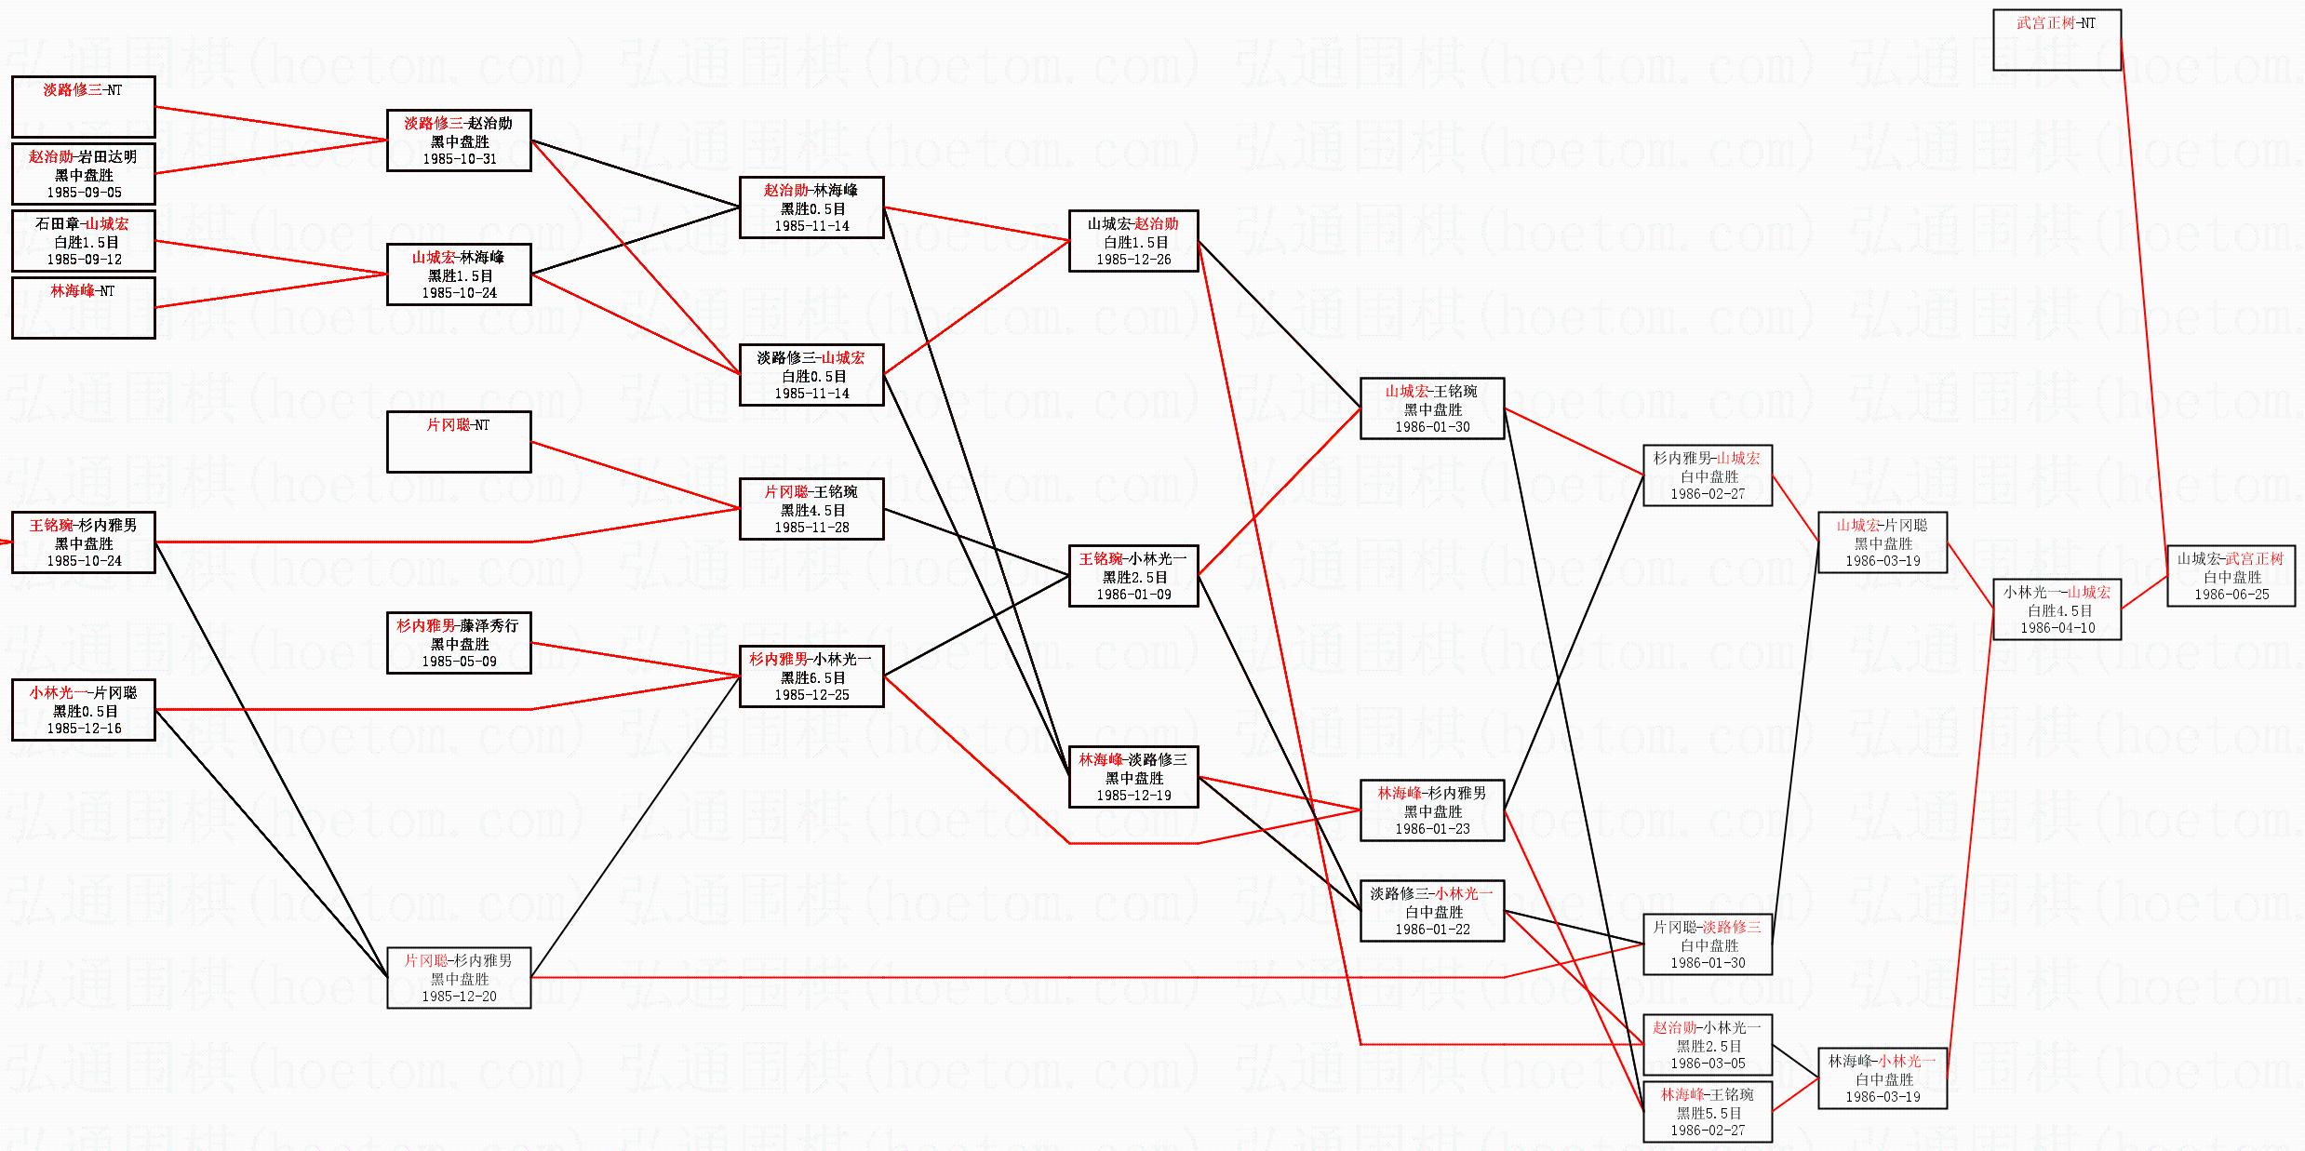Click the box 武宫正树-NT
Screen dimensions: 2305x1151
pos(2057,40)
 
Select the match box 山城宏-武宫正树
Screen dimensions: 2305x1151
pos(2231,576)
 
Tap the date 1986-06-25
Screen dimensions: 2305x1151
pos(2231,595)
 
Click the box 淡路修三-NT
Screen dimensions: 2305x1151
pos(83,107)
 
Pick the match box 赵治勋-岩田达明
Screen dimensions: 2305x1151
pos(83,174)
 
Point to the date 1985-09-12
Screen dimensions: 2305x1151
pos(84,260)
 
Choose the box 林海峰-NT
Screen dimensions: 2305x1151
pos(83,308)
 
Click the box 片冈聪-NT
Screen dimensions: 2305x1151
pos(459,442)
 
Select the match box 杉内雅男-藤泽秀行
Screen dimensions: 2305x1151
pos(459,643)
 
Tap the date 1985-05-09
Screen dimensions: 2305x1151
pos(459,662)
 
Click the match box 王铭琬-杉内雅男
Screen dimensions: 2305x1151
pos(83,542)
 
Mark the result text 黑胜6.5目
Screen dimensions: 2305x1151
pos(812,678)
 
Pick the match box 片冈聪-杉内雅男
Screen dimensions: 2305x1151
pos(459,978)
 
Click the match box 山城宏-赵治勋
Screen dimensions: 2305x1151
pos(1133,241)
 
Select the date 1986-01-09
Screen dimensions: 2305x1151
pos(1133,595)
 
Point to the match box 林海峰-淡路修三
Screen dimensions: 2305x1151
pos(1133,777)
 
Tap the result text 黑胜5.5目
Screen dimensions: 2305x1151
pos(1708,1113)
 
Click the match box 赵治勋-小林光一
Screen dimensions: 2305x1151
pos(1708,1045)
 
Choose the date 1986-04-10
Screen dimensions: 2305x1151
pos(2057,628)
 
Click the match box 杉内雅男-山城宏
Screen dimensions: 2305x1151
pos(1708,475)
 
